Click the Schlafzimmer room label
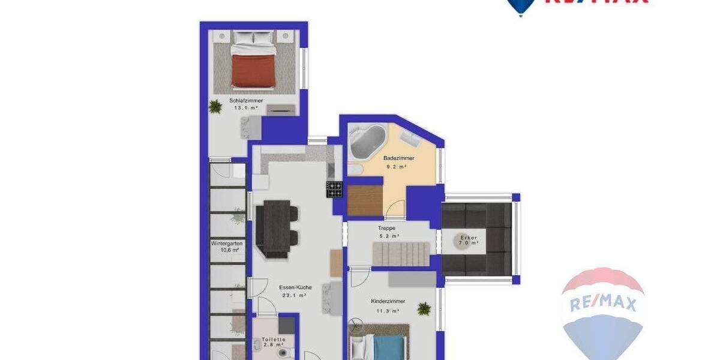coord(246,100)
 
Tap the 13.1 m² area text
coord(246,109)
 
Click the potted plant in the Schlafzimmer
coord(215,107)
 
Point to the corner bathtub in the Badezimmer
coord(367,142)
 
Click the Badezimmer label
coord(399,158)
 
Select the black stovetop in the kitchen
coord(334,189)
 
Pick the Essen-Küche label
coord(295,287)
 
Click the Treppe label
coord(386,228)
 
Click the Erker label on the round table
coord(468,238)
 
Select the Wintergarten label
coord(226,244)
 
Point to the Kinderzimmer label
coord(388,301)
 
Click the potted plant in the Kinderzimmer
coord(424,308)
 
